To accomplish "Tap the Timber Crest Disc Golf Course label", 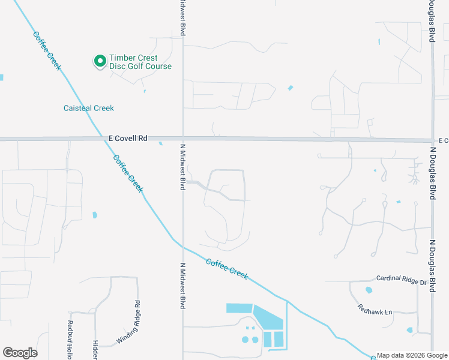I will (140, 62).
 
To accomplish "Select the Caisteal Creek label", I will (89, 108).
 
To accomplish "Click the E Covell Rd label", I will (128, 138).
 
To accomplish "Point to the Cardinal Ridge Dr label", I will (401, 278).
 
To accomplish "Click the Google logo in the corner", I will (20, 353).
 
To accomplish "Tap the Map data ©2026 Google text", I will (412, 355).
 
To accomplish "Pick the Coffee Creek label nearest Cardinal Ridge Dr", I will (227, 268).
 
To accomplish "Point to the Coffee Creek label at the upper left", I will (47, 51).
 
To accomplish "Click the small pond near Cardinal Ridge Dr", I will (369, 290).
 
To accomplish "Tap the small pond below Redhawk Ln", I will (409, 330).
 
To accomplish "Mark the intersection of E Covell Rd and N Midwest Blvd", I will (183, 138).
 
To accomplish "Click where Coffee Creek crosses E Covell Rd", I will (101, 138).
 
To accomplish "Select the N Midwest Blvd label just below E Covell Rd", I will (182, 167).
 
